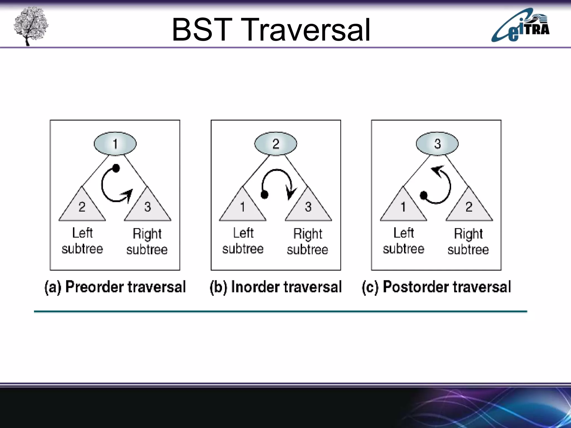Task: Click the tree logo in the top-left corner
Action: click(31, 26)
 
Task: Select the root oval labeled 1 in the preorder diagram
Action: click(115, 144)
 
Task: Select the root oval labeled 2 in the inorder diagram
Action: click(275, 144)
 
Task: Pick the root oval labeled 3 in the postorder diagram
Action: click(437, 144)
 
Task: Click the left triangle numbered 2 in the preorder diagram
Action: click(82, 208)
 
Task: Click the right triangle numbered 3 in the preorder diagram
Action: click(147, 208)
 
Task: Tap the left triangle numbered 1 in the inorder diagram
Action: click(243, 208)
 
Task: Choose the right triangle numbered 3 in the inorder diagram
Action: click(308, 208)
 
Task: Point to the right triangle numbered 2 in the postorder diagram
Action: click(469, 208)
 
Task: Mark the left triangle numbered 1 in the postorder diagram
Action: click(403, 208)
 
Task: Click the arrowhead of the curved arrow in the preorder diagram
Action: click(129, 194)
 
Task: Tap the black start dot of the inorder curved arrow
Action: click(264, 194)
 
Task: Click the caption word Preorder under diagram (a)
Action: click(94, 287)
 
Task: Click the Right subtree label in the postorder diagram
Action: click(468, 241)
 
